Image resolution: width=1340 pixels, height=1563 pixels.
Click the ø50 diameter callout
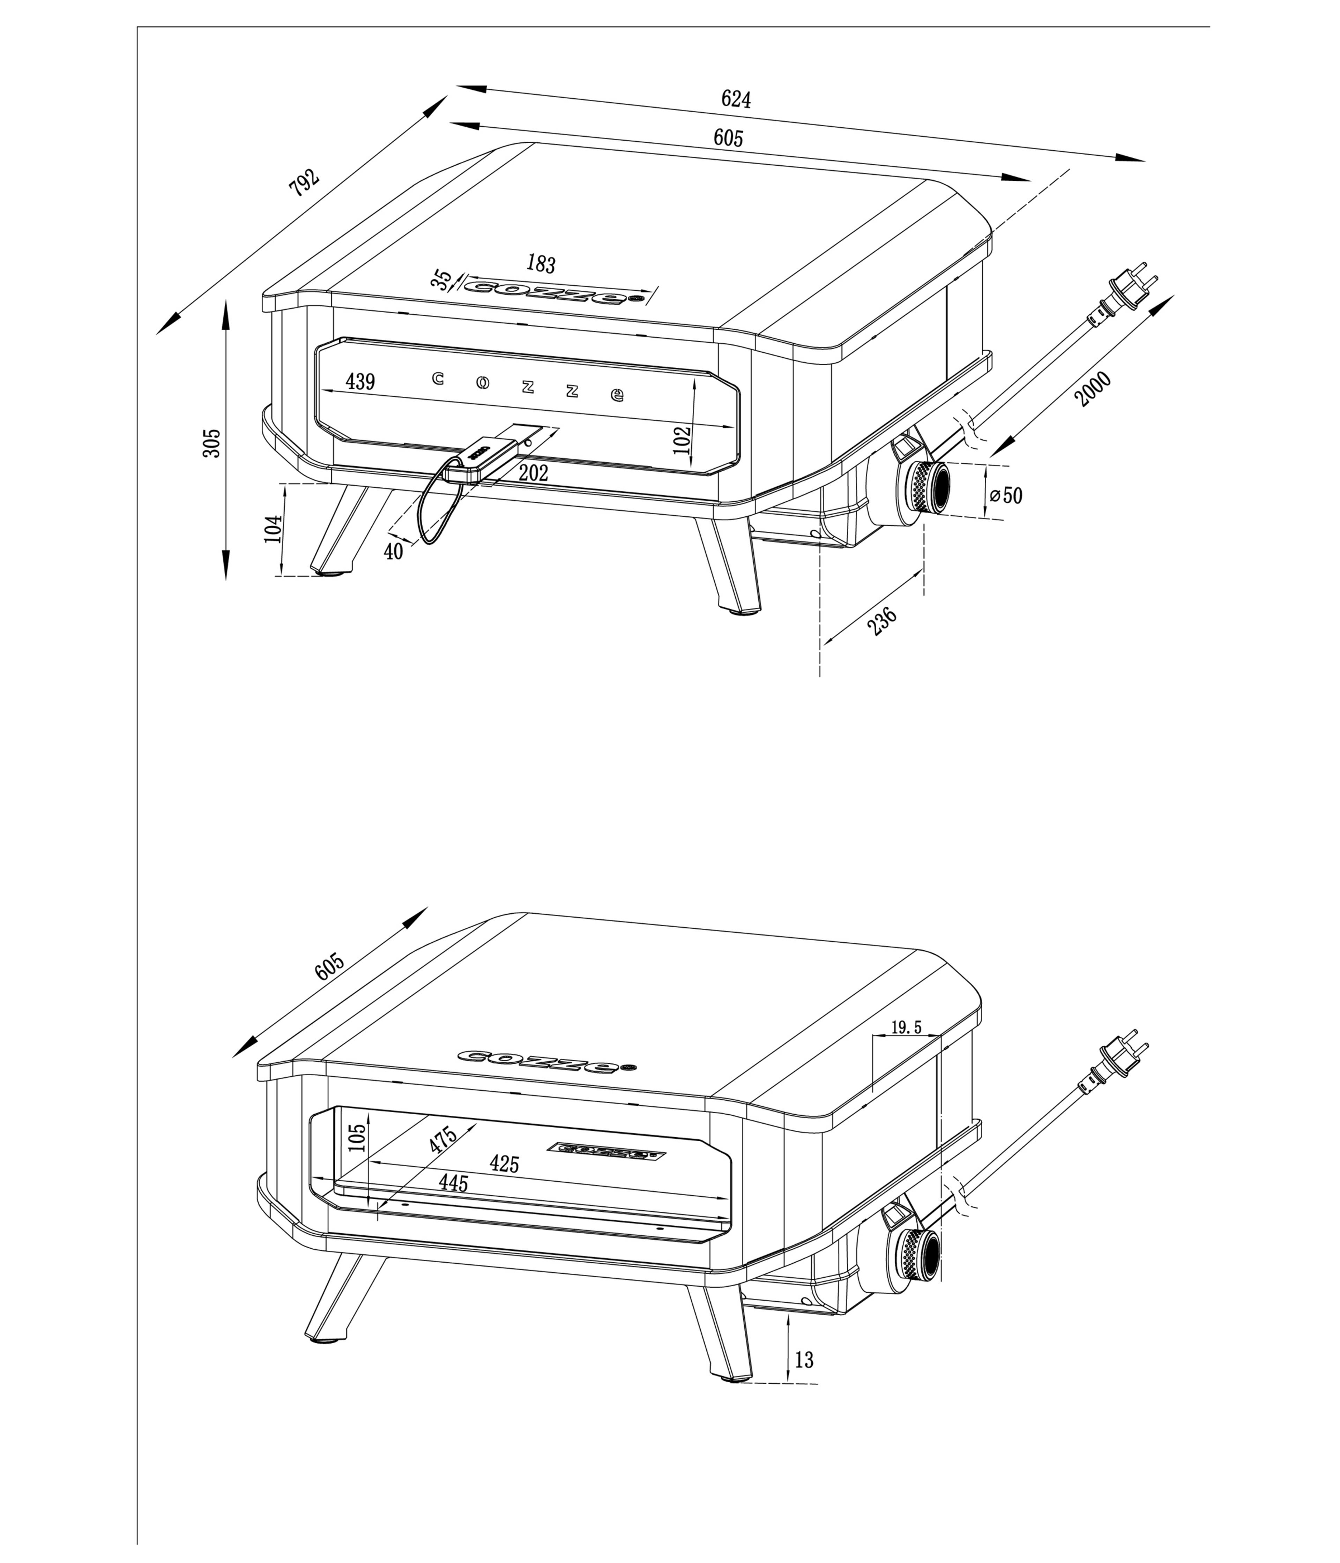coord(1006,496)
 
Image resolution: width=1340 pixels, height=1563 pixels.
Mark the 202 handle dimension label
coord(534,473)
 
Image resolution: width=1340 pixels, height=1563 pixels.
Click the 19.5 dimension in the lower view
coord(906,1027)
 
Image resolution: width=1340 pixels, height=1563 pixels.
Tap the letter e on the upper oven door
coord(617,395)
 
